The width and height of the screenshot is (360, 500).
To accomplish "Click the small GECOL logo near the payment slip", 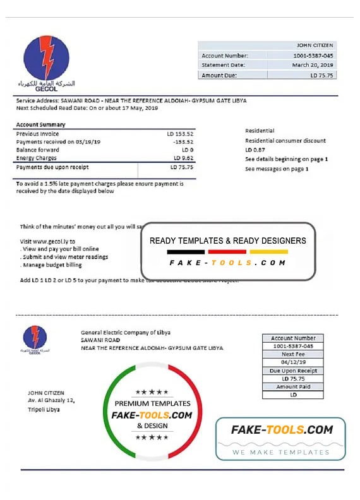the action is coord(35,338).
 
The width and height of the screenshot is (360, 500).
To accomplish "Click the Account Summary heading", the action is coord(40,124).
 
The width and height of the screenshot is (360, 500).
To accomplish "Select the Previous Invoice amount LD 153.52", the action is coord(180,134).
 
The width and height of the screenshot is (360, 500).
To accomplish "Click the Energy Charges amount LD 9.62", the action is coord(183,158).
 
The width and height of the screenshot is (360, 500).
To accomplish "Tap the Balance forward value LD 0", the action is coord(186,150).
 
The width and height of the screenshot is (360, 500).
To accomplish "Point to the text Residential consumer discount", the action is coord(285,141).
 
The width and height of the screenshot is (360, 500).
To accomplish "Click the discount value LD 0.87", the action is coord(255,150).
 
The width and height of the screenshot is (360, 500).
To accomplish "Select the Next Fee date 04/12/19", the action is coord(292,363).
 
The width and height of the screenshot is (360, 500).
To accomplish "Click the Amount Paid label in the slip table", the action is coord(292,387).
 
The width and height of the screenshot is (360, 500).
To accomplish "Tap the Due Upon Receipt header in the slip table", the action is coord(292,371).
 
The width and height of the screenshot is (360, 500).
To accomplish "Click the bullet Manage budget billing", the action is coord(56,266).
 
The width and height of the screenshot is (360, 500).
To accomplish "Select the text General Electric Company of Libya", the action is coord(125,333).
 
